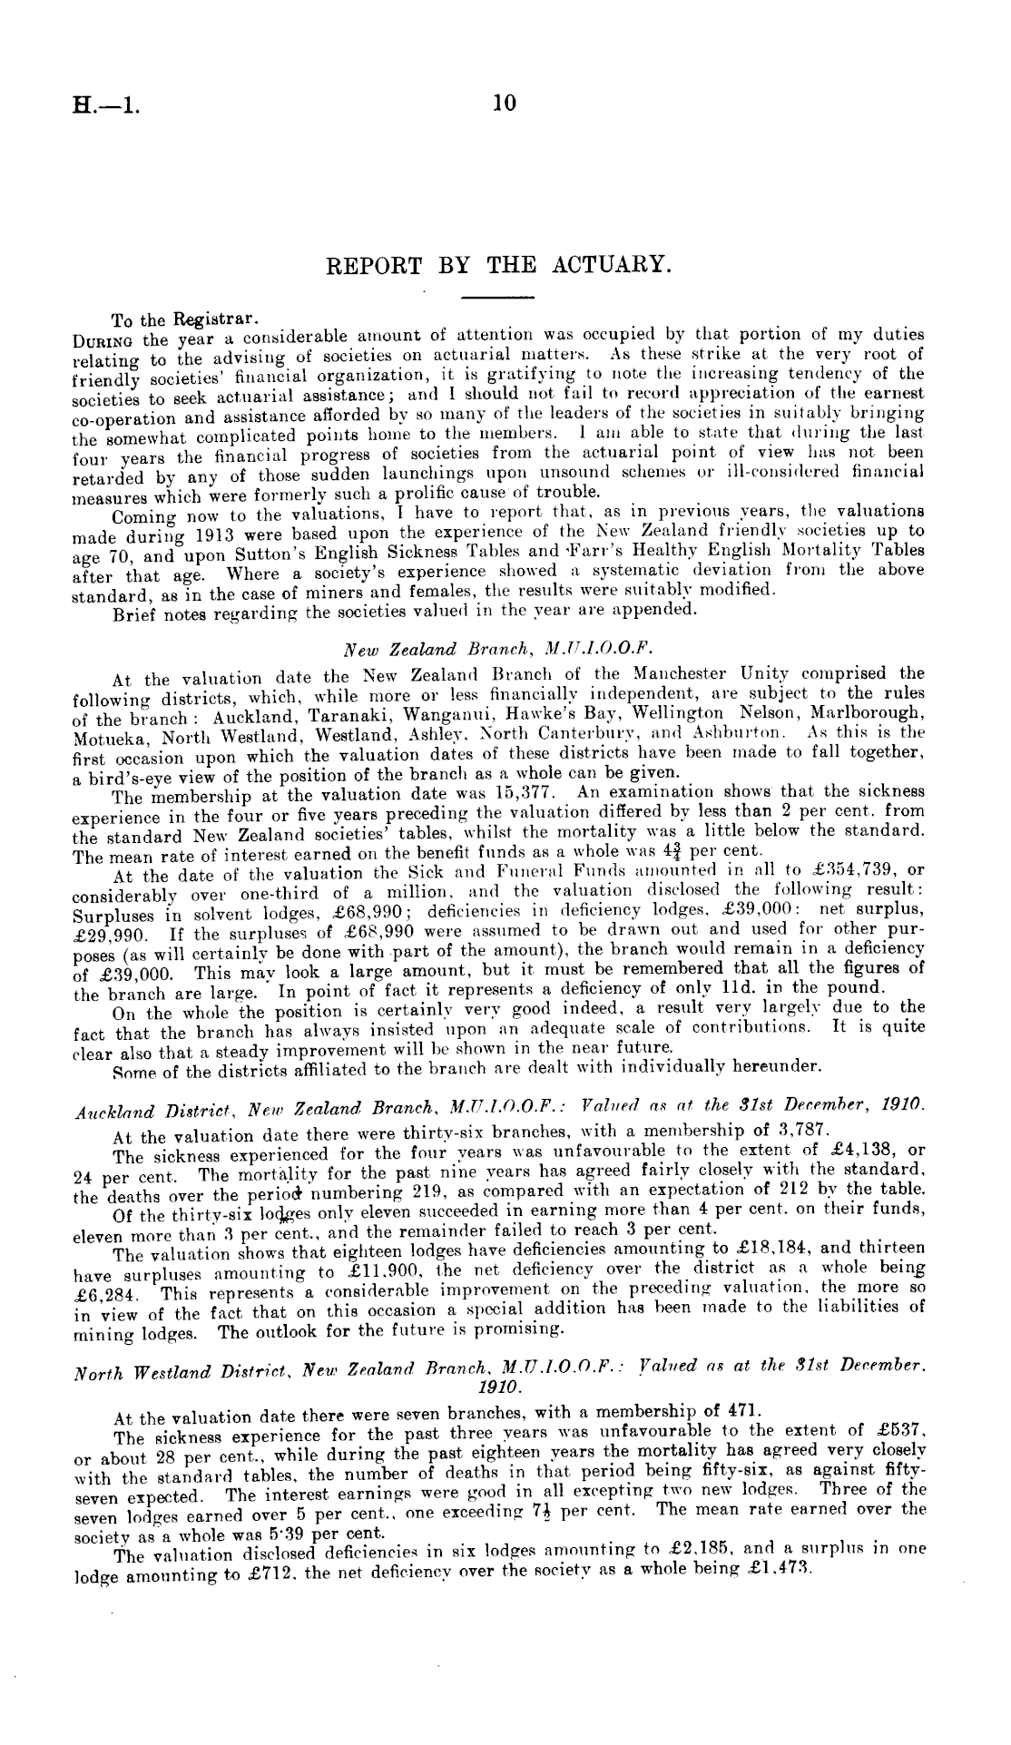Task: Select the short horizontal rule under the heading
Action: (498, 297)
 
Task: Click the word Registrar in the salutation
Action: (218, 319)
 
